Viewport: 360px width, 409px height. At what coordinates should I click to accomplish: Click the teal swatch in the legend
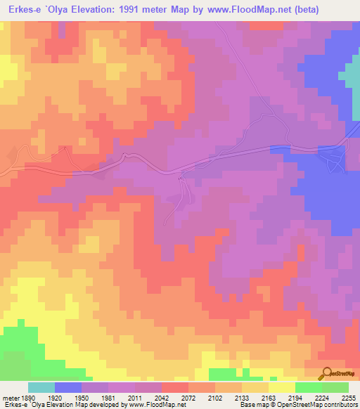41,387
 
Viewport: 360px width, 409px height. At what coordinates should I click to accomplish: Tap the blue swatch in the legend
68,387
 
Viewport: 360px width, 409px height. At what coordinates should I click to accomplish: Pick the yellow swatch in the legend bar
281,387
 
